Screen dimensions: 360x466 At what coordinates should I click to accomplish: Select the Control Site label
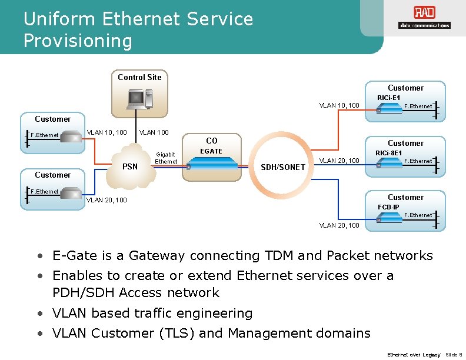point(139,77)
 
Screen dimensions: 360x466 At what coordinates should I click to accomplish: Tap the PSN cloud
point(130,165)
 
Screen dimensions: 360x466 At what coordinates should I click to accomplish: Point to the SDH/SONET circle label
point(283,167)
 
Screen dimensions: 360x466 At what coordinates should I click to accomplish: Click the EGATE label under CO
point(212,151)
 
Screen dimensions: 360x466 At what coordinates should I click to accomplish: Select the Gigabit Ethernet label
point(166,158)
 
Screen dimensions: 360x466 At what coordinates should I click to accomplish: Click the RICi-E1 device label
point(388,97)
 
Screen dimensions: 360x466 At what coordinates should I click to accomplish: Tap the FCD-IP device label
point(388,207)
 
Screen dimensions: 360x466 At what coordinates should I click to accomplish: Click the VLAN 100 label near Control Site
point(154,132)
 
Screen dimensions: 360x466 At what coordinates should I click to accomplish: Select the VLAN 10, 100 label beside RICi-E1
point(339,105)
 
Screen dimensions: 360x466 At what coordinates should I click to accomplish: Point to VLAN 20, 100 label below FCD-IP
point(339,225)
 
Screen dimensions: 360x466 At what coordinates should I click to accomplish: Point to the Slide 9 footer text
point(454,355)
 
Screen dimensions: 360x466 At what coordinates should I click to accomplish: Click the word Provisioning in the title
point(78,41)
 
